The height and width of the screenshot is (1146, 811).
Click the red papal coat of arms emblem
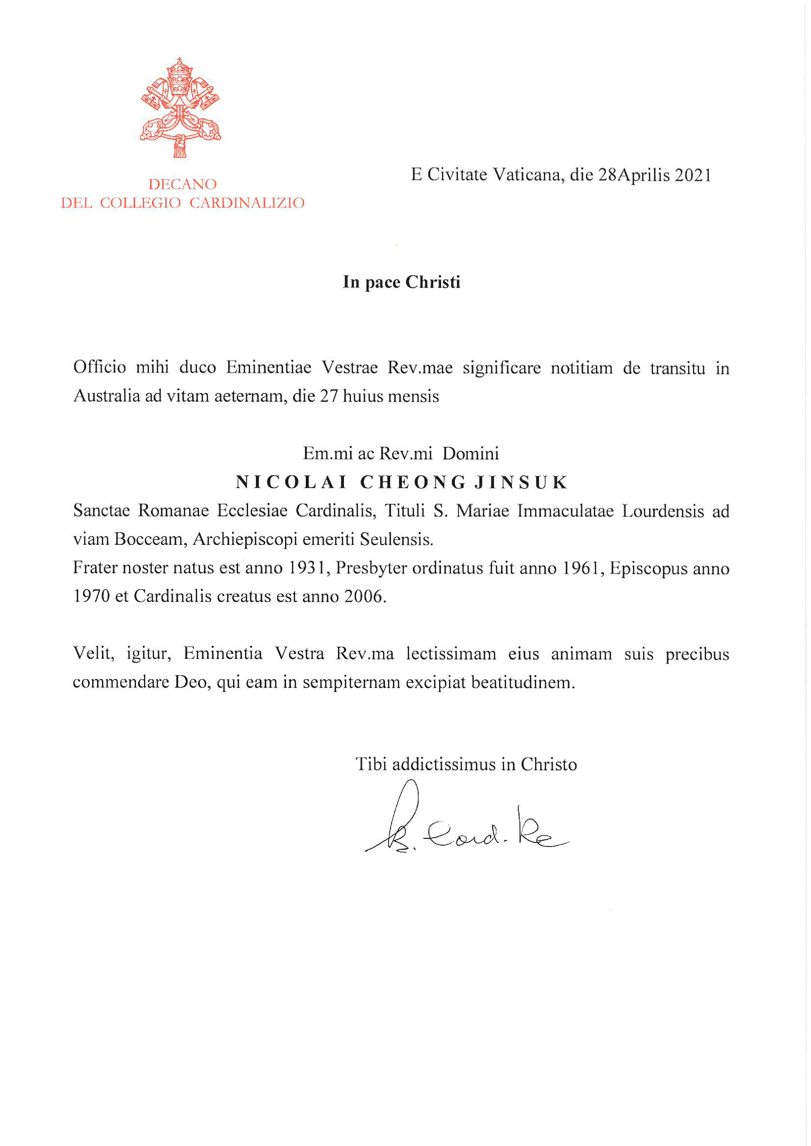[180, 107]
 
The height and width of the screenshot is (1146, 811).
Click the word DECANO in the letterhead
[182, 184]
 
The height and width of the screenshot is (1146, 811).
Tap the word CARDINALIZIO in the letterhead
[247, 203]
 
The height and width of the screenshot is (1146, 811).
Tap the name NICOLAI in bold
[291, 482]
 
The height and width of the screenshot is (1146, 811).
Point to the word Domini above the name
[470, 453]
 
